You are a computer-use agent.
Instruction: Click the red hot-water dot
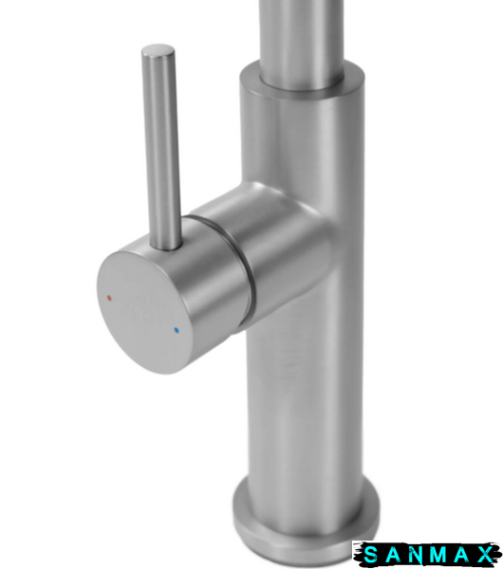[x=109, y=298]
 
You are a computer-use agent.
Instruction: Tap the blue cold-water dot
[x=177, y=330]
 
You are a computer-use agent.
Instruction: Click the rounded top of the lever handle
[x=158, y=50]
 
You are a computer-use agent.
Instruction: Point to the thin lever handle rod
[x=161, y=149]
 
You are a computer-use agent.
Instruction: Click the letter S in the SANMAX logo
[x=370, y=555]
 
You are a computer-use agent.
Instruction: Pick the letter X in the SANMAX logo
[x=485, y=555]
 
